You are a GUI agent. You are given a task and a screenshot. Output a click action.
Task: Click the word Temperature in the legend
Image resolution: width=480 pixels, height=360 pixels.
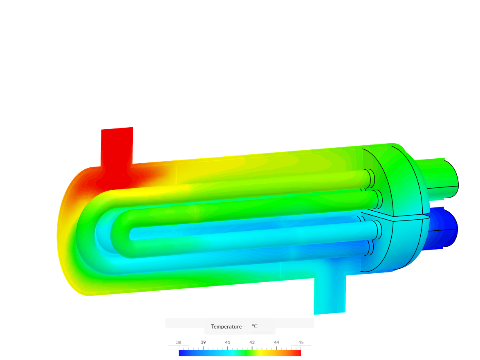click(226, 326)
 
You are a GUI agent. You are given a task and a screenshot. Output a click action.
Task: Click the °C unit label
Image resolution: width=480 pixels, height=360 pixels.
click(255, 326)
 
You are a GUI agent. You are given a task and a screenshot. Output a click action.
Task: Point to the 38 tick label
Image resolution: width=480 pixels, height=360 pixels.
click(179, 342)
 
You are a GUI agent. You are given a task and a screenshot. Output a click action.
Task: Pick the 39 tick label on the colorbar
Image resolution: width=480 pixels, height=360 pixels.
click(203, 342)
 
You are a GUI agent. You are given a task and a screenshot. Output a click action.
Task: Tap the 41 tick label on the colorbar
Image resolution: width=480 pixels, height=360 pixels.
click(228, 342)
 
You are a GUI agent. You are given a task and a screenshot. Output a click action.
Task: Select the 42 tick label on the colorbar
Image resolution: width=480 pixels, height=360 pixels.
click(252, 342)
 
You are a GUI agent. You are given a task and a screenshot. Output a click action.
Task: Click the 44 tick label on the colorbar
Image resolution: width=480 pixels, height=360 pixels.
click(276, 342)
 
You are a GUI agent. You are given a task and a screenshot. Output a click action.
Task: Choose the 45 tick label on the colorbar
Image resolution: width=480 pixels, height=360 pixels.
click(301, 342)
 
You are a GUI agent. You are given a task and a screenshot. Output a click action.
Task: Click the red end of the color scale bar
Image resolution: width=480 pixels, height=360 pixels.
click(297, 353)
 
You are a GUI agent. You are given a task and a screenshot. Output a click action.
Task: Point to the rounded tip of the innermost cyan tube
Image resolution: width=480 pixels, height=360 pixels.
click(132, 234)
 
